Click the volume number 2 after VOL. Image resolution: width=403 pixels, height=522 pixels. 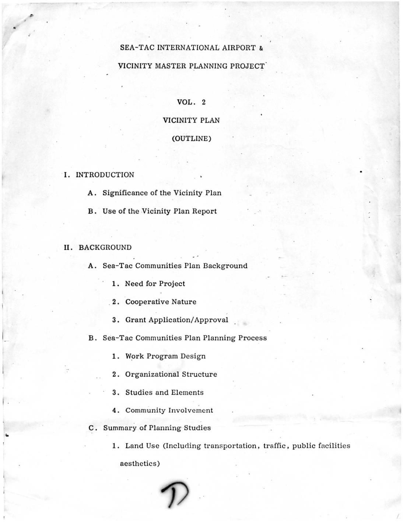point(203,102)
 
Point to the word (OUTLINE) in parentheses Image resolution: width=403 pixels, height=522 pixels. point(192,139)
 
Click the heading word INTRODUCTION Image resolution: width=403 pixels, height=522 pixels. point(105,175)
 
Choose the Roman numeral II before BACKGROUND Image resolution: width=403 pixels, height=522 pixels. point(69,247)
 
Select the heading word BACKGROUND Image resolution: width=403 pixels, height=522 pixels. point(105,247)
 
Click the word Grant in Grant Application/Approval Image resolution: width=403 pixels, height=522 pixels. point(136,320)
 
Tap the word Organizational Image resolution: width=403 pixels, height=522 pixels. point(152,374)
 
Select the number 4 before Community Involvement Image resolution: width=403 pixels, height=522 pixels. point(116,410)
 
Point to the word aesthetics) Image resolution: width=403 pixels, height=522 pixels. point(140,464)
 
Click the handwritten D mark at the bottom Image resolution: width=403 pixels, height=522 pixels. point(174,494)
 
